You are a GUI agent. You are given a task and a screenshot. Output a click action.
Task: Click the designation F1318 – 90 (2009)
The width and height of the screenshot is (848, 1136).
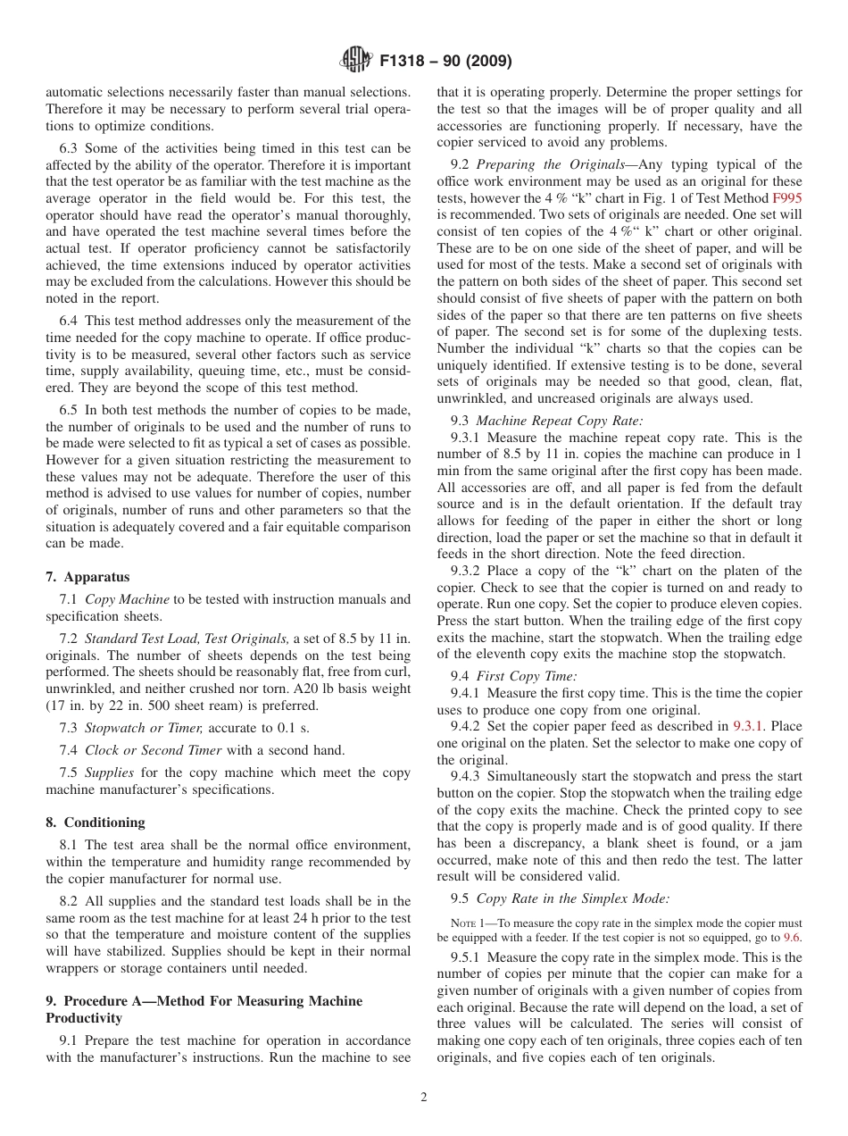[445, 62]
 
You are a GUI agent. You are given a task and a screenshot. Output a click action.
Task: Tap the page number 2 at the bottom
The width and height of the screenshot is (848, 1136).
[424, 1098]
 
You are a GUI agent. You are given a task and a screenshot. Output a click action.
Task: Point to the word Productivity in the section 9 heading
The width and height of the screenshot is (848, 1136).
[83, 1017]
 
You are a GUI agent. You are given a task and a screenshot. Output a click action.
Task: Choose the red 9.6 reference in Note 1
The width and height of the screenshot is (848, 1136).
[791, 937]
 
